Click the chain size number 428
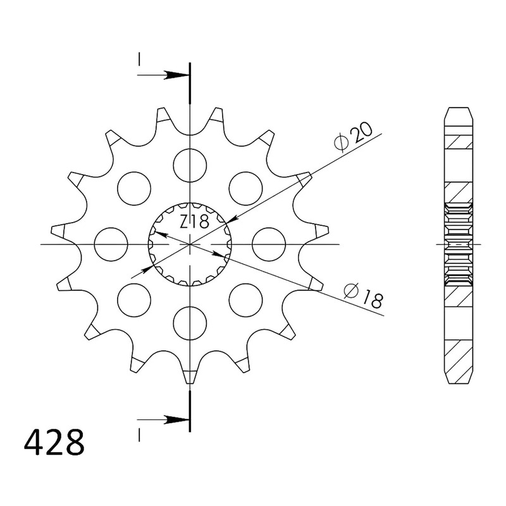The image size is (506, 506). (x=54, y=441)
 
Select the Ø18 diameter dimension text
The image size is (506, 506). (x=364, y=295)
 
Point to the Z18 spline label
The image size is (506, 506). (x=194, y=222)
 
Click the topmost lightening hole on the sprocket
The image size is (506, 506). (x=190, y=165)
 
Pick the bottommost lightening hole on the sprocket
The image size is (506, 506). (x=190, y=323)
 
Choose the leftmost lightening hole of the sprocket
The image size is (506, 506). (x=111, y=244)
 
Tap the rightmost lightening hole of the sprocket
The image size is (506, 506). (x=269, y=244)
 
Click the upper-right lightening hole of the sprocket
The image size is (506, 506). (x=245, y=188)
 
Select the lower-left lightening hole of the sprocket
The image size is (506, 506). (x=134, y=300)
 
